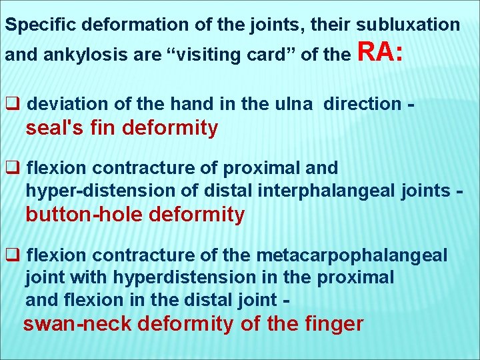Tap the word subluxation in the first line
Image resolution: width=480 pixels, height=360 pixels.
[409, 25]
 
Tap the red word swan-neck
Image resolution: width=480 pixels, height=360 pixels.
[72, 324]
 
